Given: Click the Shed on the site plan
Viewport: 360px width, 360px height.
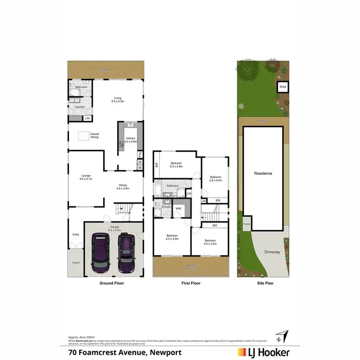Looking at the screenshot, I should (283, 87).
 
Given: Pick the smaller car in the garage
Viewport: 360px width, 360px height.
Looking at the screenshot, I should (126, 251).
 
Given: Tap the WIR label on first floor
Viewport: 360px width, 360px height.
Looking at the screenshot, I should (178, 209).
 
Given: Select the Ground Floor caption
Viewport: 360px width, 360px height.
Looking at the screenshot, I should (111, 283).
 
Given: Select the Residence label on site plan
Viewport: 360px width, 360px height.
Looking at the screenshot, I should (263, 173).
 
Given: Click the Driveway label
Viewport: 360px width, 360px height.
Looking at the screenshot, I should (272, 252).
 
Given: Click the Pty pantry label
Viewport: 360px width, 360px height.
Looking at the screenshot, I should (140, 154).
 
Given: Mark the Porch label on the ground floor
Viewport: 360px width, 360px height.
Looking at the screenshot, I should (76, 263).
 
